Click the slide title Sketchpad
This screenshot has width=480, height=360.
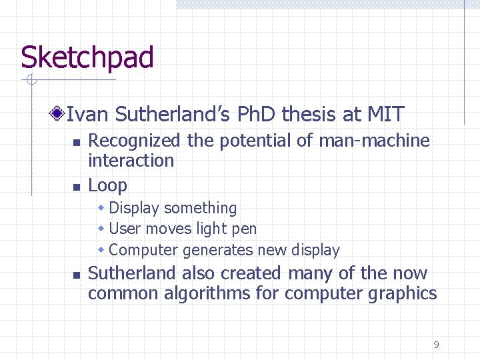tap(87, 58)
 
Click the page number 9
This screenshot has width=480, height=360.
tap(436, 345)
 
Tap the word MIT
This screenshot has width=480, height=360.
tap(385, 115)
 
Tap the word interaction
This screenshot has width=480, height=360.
tap(131, 161)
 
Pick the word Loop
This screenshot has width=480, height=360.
tap(107, 185)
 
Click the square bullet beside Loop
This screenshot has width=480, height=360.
tap(76, 187)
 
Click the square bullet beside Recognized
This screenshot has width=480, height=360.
tap(76, 143)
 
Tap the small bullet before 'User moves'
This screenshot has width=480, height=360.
tap(101, 229)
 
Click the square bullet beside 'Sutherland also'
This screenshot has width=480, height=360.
tap(76, 275)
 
